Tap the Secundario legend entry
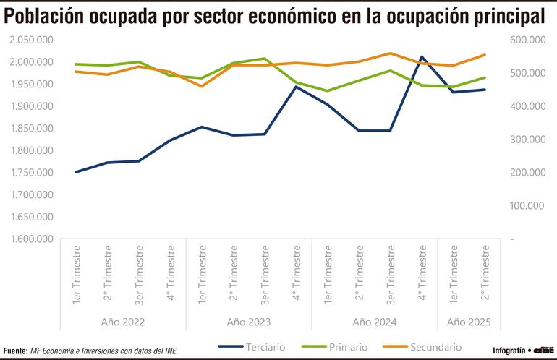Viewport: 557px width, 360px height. tap(435, 347)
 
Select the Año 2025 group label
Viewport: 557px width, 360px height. tap(469, 322)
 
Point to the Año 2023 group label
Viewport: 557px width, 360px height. tap(249, 322)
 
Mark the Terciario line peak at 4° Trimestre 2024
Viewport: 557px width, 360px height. tap(422, 56)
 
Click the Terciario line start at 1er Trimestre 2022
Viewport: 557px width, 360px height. tap(76, 172)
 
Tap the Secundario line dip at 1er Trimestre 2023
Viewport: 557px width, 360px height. tap(201, 86)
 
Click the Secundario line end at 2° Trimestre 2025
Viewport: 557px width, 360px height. tap(485, 55)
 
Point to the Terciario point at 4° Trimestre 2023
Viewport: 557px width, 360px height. tap(296, 87)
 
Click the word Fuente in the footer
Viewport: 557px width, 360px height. tap(14, 351)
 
